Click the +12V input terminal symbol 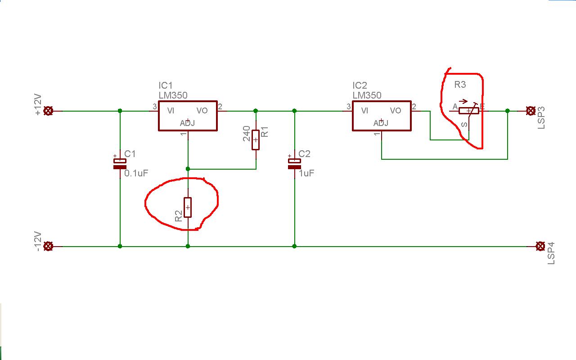pos(48,111)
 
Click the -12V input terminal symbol pos(48,246)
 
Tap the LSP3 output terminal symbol pos(531,111)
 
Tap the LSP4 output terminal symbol pos(540,246)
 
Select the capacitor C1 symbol pos(120,164)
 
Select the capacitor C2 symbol pos(294,164)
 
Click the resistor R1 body pos(256,140)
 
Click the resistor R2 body pos(188,207)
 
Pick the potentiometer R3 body pos(469,111)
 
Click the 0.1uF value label pos(136,173)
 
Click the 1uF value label pos(306,173)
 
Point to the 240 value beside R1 pos(246,134)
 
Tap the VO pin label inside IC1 pos(202,111)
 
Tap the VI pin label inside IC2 pos(364,111)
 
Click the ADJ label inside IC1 pos(187,123)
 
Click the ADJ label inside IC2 pos(381,123)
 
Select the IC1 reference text pos(165,85)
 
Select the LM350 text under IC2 pos(367,95)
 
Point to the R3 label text pos(460,85)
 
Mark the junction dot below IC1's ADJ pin pos(188,169)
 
